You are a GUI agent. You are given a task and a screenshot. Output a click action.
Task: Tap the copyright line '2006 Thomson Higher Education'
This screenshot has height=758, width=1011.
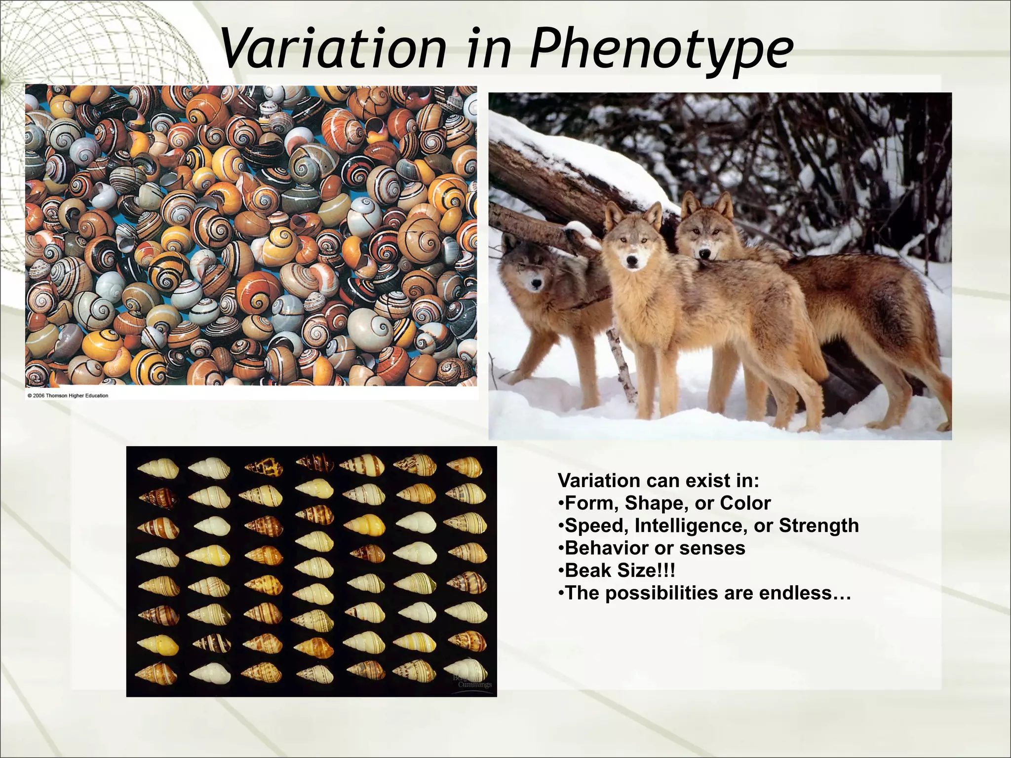click(68, 396)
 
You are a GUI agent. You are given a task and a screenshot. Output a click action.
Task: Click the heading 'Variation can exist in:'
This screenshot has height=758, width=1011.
click(659, 480)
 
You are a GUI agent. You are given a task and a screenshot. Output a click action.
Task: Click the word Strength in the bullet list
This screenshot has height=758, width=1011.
click(819, 526)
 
